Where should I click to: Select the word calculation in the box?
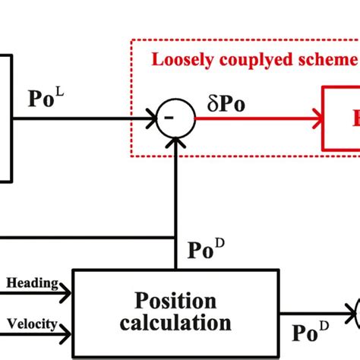tap(175, 323)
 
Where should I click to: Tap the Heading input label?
tap(33, 283)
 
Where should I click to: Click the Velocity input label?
tap(32, 324)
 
